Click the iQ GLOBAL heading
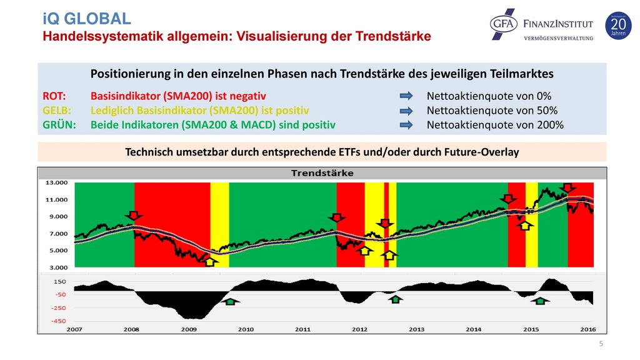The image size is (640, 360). tap(86, 19)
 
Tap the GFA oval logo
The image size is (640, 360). tap(504, 24)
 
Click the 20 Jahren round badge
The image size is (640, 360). tap(618, 26)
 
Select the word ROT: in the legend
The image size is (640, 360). tap(54, 96)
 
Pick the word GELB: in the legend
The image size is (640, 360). tap(57, 111)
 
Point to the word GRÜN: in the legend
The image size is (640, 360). tap(59, 125)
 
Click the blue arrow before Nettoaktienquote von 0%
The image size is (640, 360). tap(406, 96)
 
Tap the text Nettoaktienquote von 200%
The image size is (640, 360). tap(495, 125)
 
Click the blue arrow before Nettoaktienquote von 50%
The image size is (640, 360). tap(406, 111)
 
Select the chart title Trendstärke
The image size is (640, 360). tap(322, 173)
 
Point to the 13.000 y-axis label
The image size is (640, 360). tap(56, 182)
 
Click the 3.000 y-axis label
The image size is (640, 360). tap(58, 267)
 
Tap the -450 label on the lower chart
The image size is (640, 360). tap(58, 321)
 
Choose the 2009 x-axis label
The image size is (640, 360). tap(189, 329)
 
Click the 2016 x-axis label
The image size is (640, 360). tap(587, 329)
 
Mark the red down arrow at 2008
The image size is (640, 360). tap(134, 216)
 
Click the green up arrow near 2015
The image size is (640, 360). tap(541, 301)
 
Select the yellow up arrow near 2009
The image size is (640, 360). tap(210, 262)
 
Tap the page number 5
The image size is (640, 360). tap(601, 344)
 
